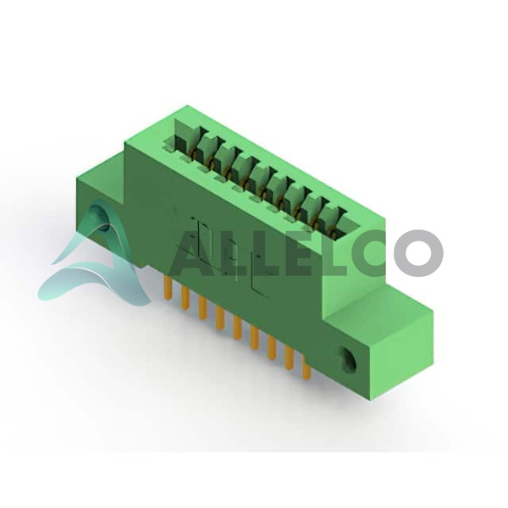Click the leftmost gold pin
(x=168, y=288)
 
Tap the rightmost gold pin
(x=306, y=367)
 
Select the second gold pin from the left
(x=185, y=298)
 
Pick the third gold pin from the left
(x=203, y=308)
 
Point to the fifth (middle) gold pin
(x=237, y=328)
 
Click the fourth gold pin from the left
(x=220, y=317)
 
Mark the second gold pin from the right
(x=290, y=357)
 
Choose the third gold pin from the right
(x=272, y=348)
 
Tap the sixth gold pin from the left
(x=255, y=338)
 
